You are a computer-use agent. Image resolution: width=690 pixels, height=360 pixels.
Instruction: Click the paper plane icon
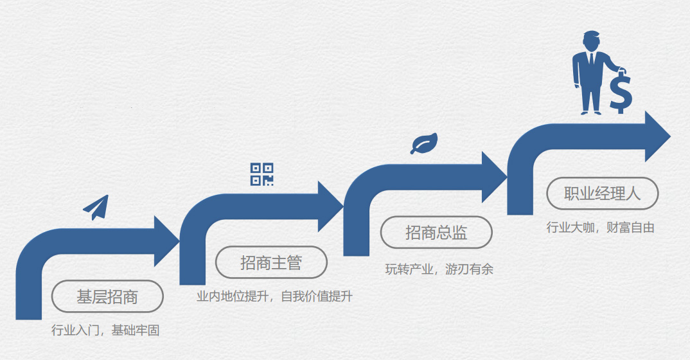click(96, 207)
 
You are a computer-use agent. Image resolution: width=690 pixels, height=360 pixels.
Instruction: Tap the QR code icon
click(261, 174)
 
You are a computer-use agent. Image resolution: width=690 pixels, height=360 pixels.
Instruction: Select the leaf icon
click(424, 143)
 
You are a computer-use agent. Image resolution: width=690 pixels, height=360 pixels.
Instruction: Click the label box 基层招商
click(107, 296)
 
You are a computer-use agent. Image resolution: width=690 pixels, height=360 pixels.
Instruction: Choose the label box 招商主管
click(271, 262)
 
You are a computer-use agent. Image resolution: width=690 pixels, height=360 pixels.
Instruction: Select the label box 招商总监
click(436, 233)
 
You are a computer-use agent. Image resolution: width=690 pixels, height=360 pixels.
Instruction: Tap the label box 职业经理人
click(602, 194)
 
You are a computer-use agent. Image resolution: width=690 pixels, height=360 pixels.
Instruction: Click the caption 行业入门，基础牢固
click(105, 331)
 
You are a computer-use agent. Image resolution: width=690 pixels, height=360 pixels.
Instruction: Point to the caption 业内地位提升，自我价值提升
click(274, 297)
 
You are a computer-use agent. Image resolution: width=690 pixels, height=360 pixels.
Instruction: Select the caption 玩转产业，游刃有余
click(439, 269)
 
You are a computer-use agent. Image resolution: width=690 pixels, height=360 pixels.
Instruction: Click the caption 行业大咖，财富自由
click(600, 227)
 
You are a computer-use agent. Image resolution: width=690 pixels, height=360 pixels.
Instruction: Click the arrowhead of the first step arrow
click(165, 241)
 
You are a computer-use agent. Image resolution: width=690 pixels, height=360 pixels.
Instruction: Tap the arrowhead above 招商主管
click(330, 206)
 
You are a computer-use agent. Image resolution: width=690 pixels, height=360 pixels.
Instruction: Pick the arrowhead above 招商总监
click(493, 177)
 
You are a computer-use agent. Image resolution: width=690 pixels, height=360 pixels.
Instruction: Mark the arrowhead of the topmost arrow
click(657, 136)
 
